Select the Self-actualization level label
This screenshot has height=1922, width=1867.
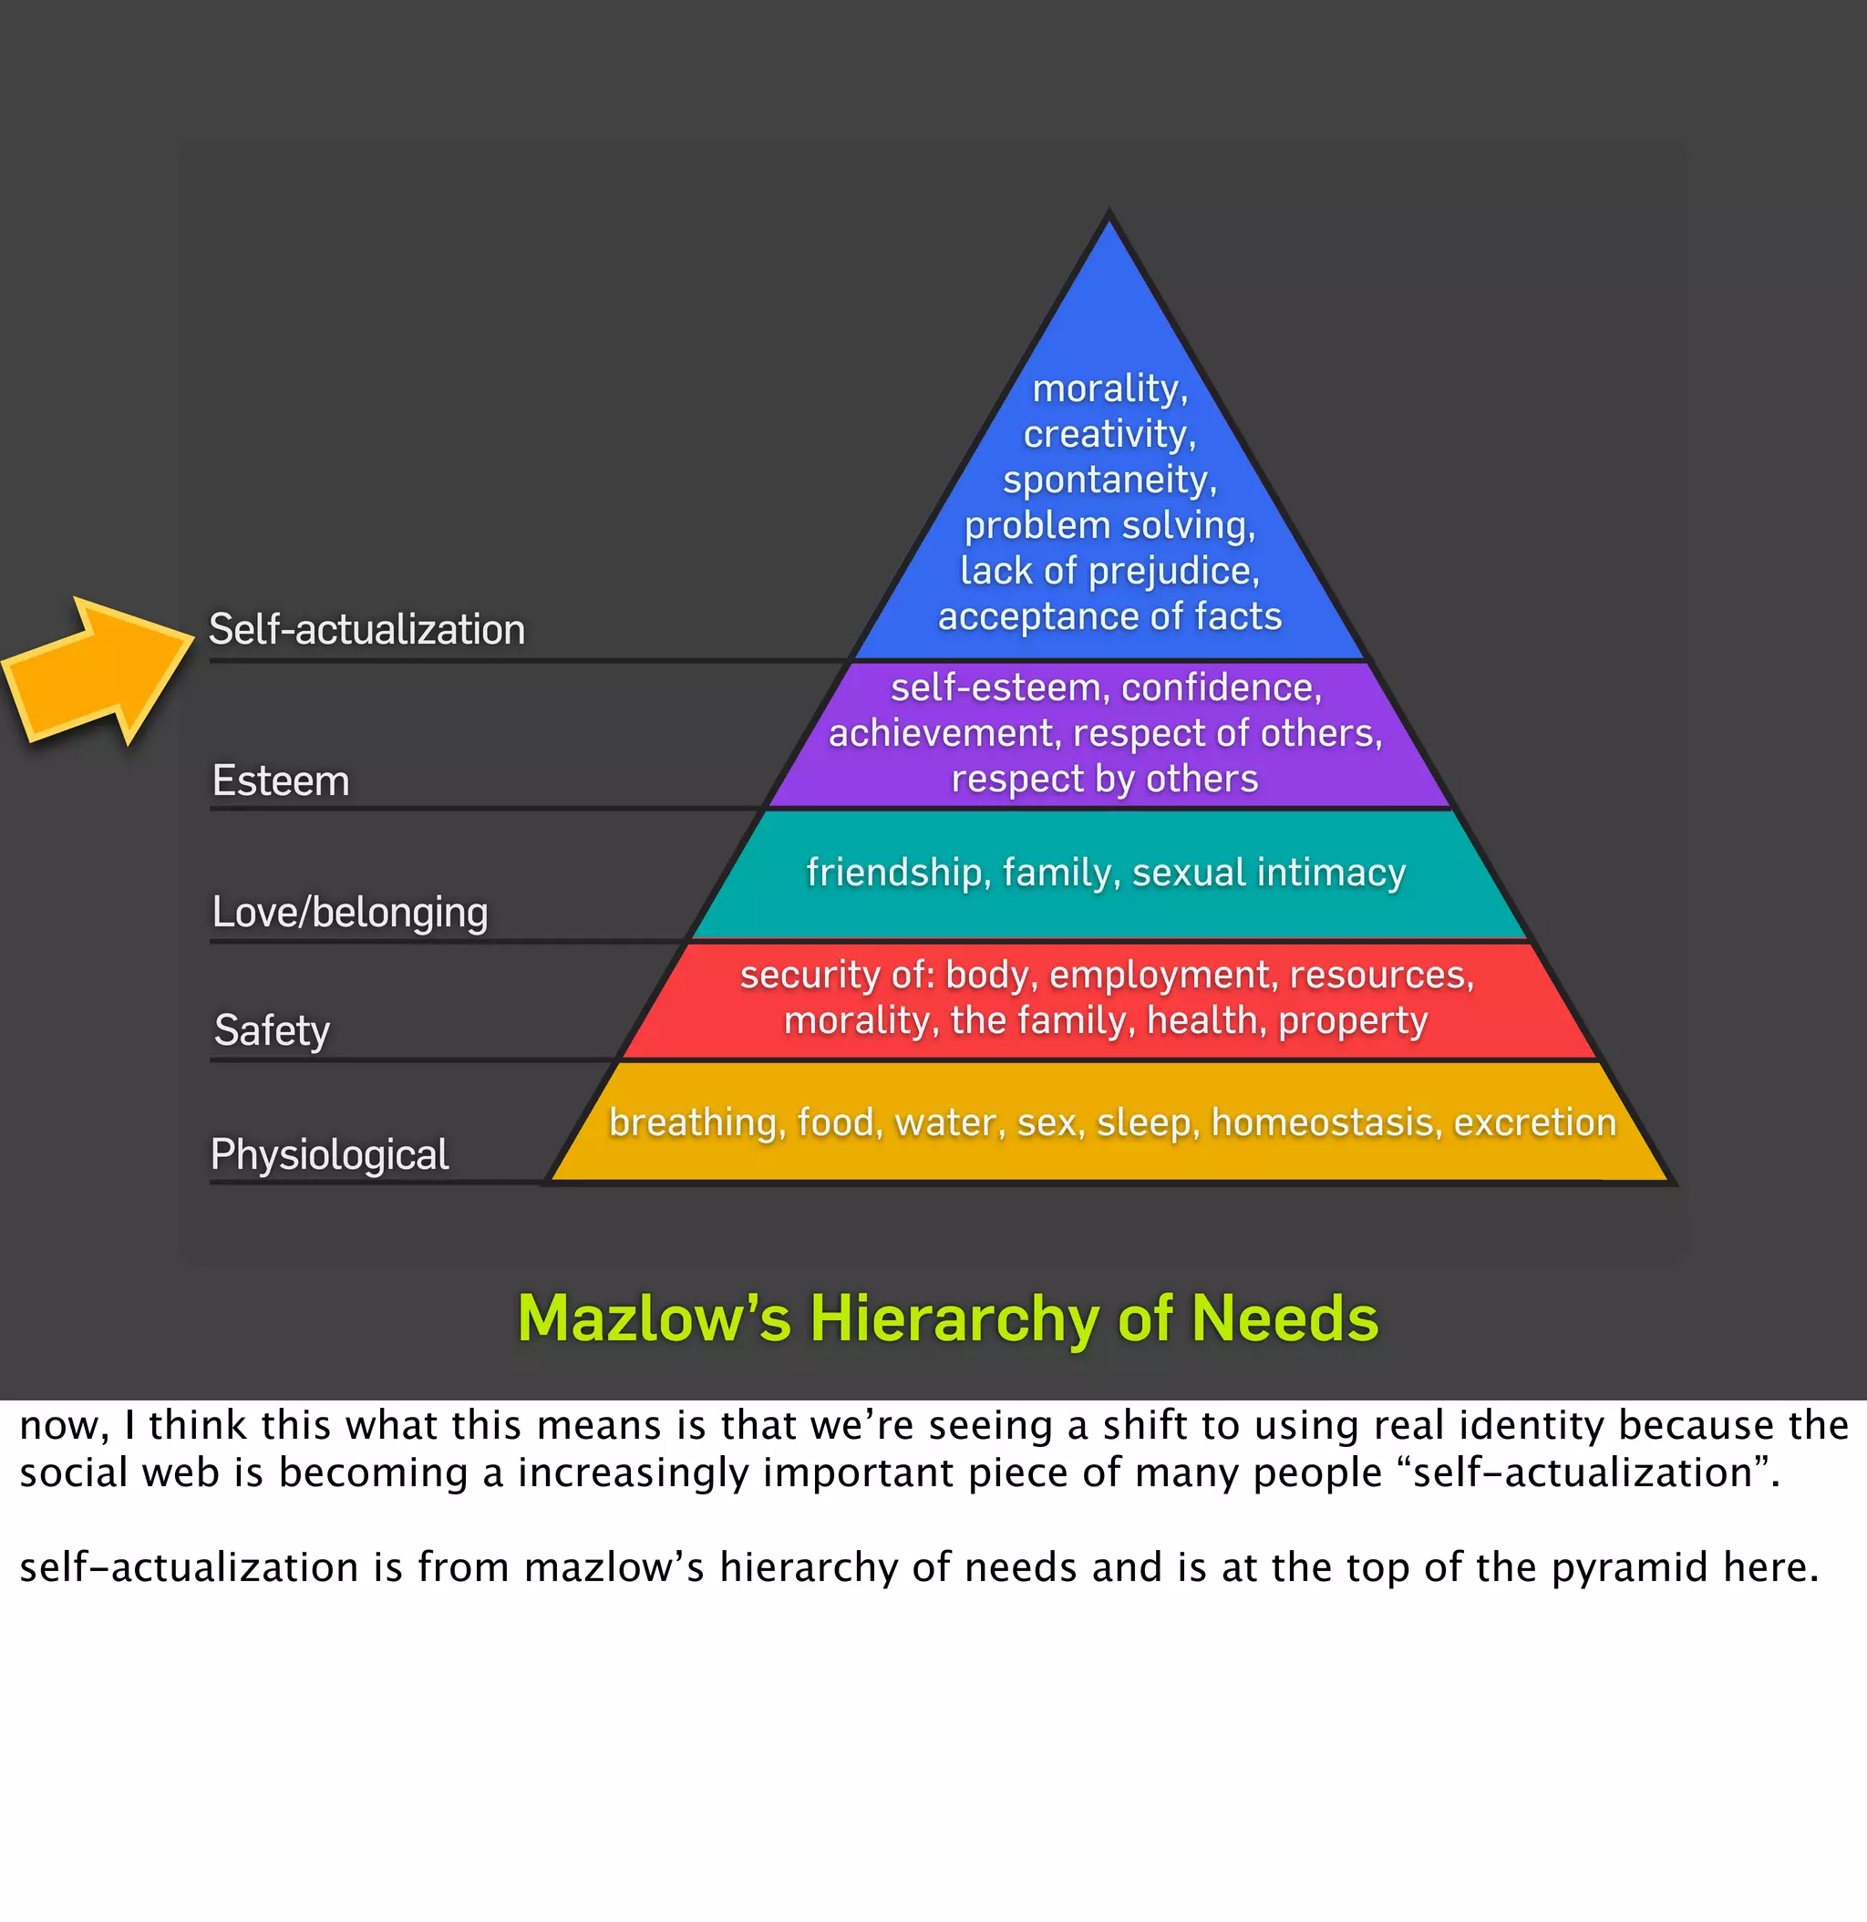pyautogui.click(x=366, y=629)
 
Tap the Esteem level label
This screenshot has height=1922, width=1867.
pyautogui.click(x=281, y=781)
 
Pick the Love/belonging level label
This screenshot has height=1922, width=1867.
pyautogui.click(x=350, y=913)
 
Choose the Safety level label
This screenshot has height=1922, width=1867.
pyautogui.click(x=272, y=1030)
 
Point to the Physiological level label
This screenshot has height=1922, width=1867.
pyautogui.click(x=329, y=1155)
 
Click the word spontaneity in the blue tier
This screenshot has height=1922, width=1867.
pyautogui.click(x=1108, y=480)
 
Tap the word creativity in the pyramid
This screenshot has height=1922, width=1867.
pyautogui.click(x=1108, y=434)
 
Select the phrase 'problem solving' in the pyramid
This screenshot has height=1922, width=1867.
pyautogui.click(x=1109, y=525)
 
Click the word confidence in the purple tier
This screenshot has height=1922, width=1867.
pyautogui.click(x=1220, y=688)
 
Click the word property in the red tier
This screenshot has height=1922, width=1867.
pyautogui.click(x=1352, y=1022)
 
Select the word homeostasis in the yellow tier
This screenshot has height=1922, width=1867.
pyautogui.click(x=1325, y=1122)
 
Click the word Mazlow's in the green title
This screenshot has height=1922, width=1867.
pyautogui.click(x=653, y=1319)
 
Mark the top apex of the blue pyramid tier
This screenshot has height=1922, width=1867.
pyautogui.click(x=1109, y=218)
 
